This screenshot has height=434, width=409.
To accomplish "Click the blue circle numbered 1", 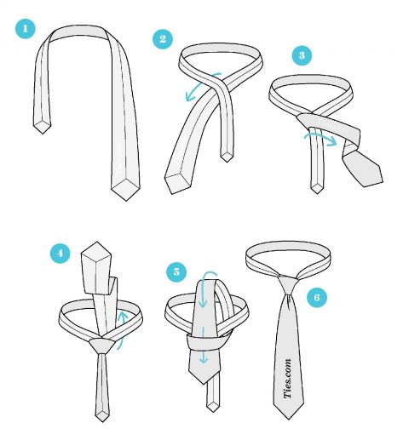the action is coord(26,29).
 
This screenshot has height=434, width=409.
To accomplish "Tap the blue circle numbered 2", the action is coord(163,39).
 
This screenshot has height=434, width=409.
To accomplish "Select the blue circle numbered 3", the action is coord(302,55).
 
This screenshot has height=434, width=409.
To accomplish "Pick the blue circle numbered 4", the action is coord(60,253).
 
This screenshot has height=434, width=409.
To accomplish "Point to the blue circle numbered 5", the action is coord(176,271).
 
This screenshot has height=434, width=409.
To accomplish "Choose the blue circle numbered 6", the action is coord(317,297).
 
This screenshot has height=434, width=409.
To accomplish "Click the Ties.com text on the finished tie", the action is coord(287,379).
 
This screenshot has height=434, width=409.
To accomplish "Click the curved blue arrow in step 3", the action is coord(321,139).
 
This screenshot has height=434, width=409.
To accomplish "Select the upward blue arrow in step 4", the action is coord(122,329).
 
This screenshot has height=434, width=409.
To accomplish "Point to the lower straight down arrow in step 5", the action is coord(204,345).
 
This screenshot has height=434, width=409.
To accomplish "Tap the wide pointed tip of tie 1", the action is coord(126,200).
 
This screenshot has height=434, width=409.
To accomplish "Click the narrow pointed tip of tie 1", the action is coord(43,134).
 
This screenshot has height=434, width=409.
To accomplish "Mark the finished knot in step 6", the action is coord(288,285).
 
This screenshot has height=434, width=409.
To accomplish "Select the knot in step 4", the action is coord(101,345).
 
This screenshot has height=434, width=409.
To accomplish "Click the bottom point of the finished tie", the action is coord(289,419).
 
